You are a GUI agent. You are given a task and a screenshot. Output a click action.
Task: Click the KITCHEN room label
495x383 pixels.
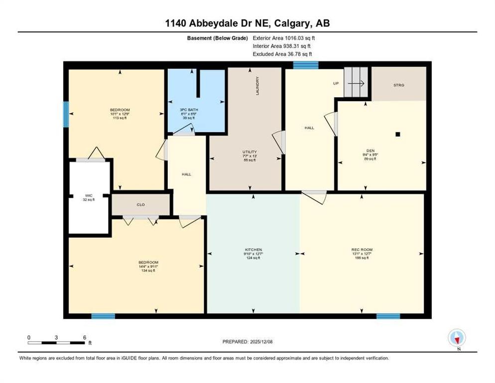pos(253,249)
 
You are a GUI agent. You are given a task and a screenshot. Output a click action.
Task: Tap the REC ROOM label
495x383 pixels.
pos(362,249)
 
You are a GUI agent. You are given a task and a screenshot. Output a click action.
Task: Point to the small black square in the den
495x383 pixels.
pos(398,134)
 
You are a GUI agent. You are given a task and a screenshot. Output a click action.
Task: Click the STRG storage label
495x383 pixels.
pos(399,85)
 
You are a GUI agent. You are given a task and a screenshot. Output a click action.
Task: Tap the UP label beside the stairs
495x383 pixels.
pos(336,83)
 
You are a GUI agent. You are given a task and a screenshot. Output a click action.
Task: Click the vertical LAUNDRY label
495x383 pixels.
pos(257,86)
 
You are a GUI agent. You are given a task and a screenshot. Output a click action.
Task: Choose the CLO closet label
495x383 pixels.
pos(140,204)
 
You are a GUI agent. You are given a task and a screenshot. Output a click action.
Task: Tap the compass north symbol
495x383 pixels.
pos(457,338)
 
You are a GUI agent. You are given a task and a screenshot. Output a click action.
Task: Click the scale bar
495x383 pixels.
pos(57,342)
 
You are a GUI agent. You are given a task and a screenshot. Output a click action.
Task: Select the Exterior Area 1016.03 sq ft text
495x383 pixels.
pos(284,38)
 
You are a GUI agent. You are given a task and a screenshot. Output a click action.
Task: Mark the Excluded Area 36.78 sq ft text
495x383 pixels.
pos(284,54)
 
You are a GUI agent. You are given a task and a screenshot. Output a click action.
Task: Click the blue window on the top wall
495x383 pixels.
pos(305,65)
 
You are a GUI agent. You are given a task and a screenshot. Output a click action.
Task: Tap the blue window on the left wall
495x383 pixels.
pos(66,114)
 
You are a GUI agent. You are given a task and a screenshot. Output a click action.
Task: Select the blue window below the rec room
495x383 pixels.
pos(388,316)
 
